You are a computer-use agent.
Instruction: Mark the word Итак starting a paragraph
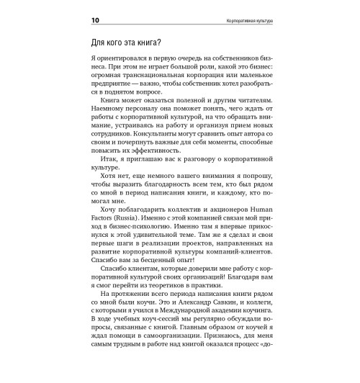point(106,163)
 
